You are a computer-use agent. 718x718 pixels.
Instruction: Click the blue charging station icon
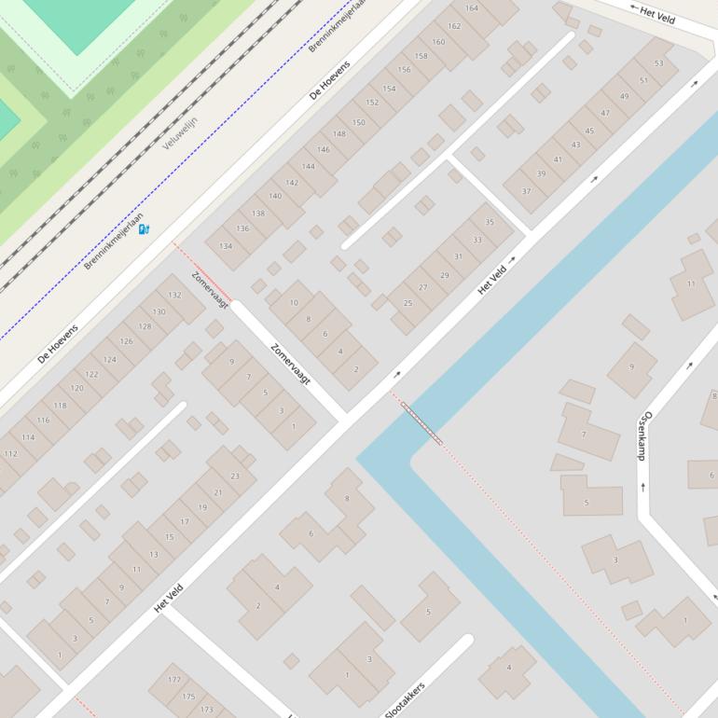click(144, 229)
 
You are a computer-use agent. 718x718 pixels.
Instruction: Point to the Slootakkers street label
click(406, 699)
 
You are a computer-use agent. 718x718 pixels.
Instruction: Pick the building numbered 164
click(472, 8)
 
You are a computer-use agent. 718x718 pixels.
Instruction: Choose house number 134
click(226, 246)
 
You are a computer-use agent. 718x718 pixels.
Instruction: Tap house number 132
click(174, 295)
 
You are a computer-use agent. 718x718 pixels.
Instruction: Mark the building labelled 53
click(659, 63)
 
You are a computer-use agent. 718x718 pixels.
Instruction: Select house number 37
click(526, 191)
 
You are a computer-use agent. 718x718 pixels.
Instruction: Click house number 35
click(490, 222)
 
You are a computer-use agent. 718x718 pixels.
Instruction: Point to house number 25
click(407, 303)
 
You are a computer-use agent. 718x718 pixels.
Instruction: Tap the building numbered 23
click(234, 476)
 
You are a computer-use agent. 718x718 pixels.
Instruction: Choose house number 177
click(174, 680)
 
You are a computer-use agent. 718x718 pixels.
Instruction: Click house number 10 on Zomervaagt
click(294, 302)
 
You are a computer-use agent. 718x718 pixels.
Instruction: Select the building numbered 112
click(10, 454)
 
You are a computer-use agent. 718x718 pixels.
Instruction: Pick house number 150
click(358, 122)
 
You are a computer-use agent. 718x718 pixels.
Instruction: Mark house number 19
click(202, 507)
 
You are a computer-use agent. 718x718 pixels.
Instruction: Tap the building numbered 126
click(126, 341)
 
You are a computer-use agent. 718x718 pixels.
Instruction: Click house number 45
click(589, 131)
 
